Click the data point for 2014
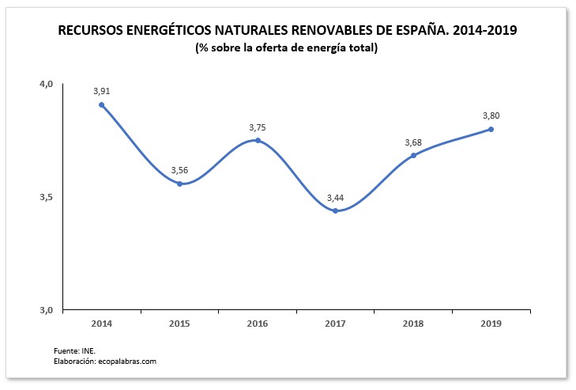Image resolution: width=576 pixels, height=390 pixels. click(101, 104)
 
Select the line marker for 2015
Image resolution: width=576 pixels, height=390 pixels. click(179, 184)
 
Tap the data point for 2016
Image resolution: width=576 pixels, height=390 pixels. click(258, 141)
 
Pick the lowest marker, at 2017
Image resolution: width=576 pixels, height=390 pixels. click(335, 210)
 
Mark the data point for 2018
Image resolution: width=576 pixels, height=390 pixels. click(413, 155)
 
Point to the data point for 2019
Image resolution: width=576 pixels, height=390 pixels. click(491, 129)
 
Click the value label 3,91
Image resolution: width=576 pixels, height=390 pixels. click(101, 90)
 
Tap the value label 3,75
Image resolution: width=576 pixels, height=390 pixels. click(258, 127)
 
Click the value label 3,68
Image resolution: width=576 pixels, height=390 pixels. click(413, 142)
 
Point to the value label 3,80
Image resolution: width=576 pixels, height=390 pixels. click(491, 115)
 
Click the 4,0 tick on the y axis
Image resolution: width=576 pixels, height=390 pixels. click(46, 84)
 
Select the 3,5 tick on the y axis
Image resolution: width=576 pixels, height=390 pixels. click(46, 197)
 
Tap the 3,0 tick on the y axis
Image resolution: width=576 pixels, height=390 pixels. click(46, 310)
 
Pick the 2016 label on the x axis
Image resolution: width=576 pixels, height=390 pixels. click(258, 324)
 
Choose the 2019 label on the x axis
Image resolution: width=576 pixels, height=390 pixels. click(491, 324)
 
